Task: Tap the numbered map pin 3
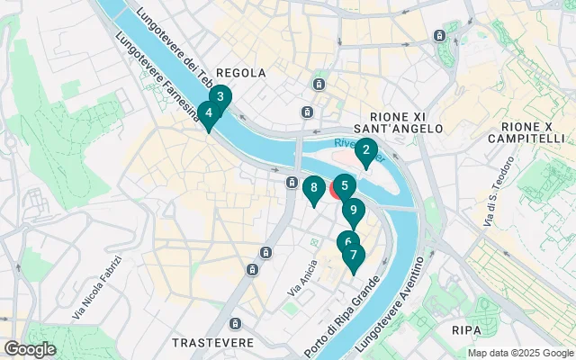[220, 96]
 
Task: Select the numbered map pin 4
[209, 113]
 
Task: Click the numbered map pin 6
[347, 242]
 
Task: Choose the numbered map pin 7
[354, 256]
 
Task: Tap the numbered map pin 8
[313, 188]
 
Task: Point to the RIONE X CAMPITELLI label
[526, 131]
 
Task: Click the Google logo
[30, 349]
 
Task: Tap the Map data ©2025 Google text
[519, 353]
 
